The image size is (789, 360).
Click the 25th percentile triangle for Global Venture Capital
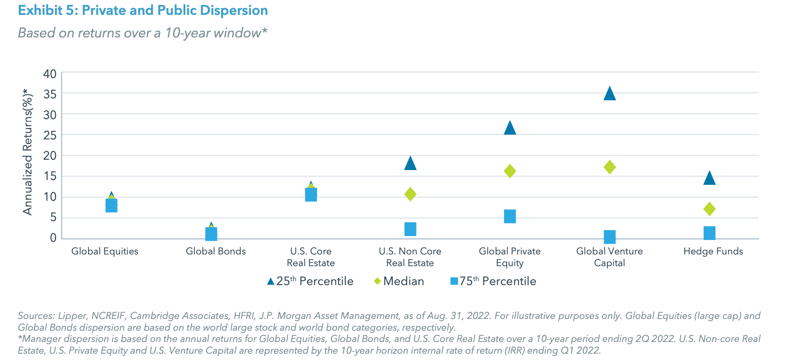pyautogui.click(x=610, y=94)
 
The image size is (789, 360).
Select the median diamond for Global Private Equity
pyautogui.click(x=510, y=171)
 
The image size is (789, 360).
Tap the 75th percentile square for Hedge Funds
pyautogui.click(x=709, y=233)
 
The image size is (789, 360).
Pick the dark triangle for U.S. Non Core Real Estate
pyautogui.click(x=410, y=163)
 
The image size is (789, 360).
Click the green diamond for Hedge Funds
pyautogui.click(x=709, y=209)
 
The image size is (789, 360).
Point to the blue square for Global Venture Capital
pyautogui.click(x=610, y=237)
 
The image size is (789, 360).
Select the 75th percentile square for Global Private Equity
pyautogui.click(x=510, y=217)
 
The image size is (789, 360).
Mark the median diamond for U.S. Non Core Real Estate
pyautogui.click(x=410, y=194)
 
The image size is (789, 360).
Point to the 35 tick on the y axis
pyautogui.click(x=50, y=94)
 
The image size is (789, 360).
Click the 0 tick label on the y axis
pyautogui.click(x=53, y=238)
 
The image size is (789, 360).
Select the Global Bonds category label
pyautogui.click(x=216, y=251)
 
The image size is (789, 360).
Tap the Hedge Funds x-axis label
pyautogui.click(x=713, y=251)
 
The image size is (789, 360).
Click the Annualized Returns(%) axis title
pyautogui.click(x=28, y=153)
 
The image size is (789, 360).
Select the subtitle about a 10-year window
pyautogui.click(x=142, y=33)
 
